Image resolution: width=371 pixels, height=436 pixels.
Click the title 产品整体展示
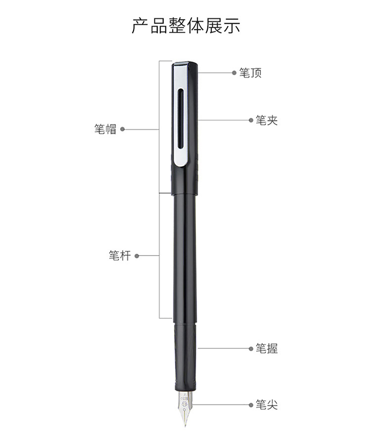[186, 26]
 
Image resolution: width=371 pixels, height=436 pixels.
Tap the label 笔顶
[250, 73]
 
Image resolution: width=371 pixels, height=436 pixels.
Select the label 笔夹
[267, 120]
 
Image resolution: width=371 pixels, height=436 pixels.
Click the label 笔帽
[105, 129]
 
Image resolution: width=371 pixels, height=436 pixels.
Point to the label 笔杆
[120, 256]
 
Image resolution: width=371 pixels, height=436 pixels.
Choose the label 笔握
[267, 349]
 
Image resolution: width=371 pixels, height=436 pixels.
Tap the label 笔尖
[267, 405]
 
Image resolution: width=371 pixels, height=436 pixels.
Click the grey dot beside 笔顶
[234, 73]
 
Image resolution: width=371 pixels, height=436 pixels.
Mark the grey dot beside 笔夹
[251, 120]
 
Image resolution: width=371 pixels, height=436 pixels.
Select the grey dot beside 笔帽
[122, 129]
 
